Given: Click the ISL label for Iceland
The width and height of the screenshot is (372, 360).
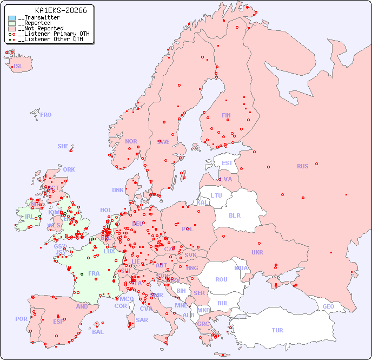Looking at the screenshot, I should (x=18, y=67).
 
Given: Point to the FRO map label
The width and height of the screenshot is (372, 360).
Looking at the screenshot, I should (x=46, y=115).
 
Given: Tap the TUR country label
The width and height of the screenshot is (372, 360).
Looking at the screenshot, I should (x=277, y=330).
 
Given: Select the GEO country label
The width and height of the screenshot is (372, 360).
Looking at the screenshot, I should (x=328, y=306).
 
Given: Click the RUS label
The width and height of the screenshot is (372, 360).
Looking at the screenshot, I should (x=302, y=166).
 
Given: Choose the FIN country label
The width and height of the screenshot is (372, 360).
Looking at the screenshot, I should (x=226, y=115).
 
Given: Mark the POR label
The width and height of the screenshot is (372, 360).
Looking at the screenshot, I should (x=21, y=319).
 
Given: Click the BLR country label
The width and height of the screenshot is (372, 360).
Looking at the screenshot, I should (x=234, y=215).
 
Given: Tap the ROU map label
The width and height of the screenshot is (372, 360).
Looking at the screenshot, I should (x=221, y=279).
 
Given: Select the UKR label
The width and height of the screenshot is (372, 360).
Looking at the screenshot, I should (x=257, y=252).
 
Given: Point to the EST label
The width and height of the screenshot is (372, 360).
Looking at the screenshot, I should (x=227, y=163).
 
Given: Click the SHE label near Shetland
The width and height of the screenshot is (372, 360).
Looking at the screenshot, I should (x=63, y=146).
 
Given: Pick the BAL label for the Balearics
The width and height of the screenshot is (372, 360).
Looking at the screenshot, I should (x=98, y=332).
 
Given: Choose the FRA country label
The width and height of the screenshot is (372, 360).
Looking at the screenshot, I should (x=94, y=273).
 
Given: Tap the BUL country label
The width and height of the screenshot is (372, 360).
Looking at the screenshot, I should (x=223, y=303).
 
